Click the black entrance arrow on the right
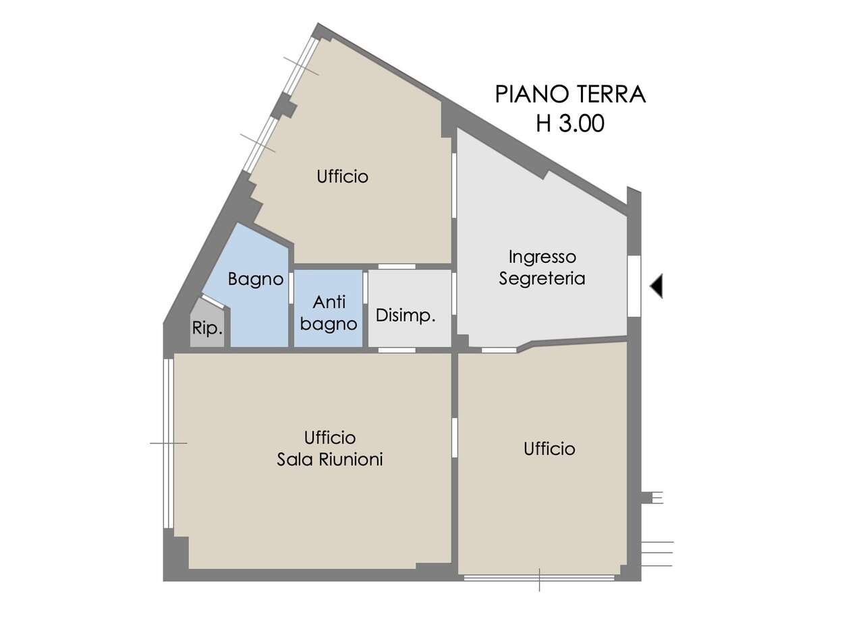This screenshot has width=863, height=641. coord(657,286)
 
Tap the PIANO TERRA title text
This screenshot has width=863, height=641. coord(570,94)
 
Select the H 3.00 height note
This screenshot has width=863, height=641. coord(570,124)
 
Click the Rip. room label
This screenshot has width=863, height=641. coord(207,329)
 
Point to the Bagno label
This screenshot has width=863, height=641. coord(255,279)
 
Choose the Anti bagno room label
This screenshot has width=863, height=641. coord(329,313)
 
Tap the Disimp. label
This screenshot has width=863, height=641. coord(405,315)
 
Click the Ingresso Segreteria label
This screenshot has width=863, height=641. coord(542,268)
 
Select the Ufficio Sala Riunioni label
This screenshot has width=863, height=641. coord(330,448)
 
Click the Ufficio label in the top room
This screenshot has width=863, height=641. coord(343,177)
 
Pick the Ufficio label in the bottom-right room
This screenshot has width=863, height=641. coord(549,449)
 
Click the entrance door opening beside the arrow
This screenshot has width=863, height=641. coord(634,286)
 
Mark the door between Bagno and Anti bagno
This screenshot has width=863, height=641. coord(291,288)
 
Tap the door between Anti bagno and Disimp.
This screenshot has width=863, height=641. coord(365,288)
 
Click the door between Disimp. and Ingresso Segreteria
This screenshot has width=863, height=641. coord(454,293)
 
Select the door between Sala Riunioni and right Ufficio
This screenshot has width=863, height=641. coord(455,437)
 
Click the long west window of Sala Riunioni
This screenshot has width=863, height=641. coord(168,443)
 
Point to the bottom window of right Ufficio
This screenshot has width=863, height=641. coord(539,578)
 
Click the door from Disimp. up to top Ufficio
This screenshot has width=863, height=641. coord(397,266)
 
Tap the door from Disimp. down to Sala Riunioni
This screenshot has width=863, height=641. coord(397,350)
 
